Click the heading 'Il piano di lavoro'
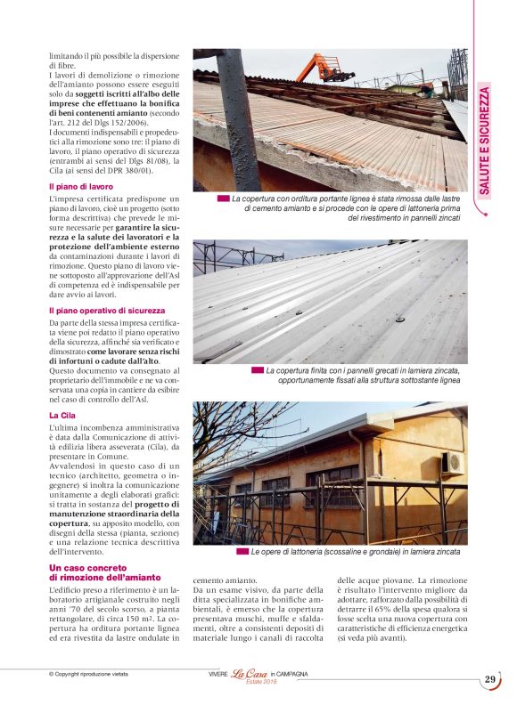point(81,186)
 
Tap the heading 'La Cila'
point(62,415)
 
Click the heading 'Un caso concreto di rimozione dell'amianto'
point(98,572)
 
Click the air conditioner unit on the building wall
point(453,461)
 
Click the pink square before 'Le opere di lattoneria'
point(242,552)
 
